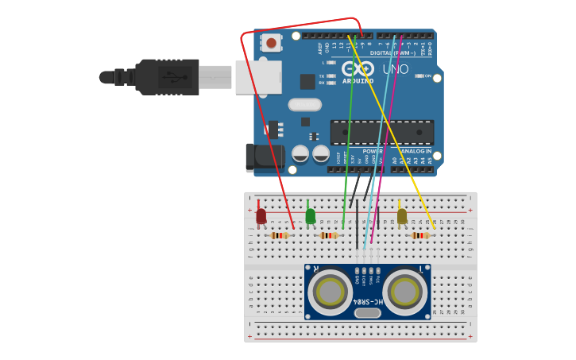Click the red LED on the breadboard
261,215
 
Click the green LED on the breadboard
310,216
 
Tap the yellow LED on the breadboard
402,216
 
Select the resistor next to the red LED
280,235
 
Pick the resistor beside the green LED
329,235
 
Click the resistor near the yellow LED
420,235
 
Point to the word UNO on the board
396,70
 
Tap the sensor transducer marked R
331,292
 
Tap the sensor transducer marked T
404,292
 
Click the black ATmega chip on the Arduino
382,133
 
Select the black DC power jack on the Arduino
263,157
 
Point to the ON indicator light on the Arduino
419,76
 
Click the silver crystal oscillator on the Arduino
304,104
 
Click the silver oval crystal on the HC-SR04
367,312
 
